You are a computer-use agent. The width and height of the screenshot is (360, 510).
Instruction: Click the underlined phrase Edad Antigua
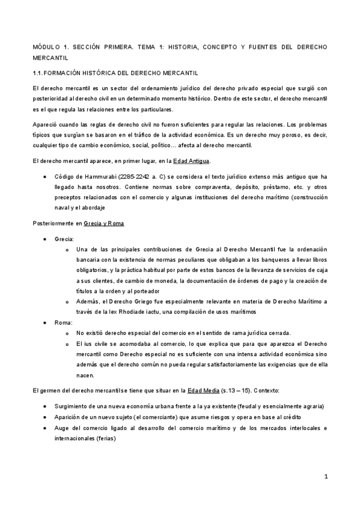pyautogui.click(x=191, y=161)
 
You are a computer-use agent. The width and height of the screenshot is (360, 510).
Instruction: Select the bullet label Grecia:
pyautogui.click(x=64, y=239)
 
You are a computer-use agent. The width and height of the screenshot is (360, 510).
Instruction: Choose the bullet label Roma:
pyautogui.click(x=63, y=323)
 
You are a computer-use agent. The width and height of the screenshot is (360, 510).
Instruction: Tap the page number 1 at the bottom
pyautogui.click(x=325, y=477)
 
